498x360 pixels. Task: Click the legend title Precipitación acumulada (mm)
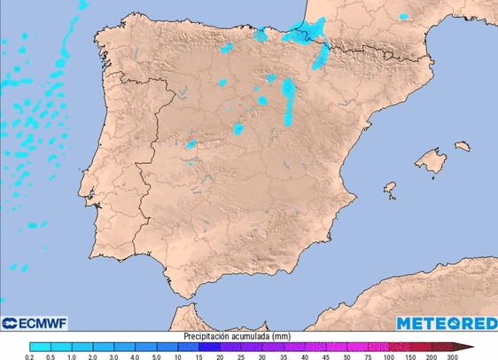tap(237, 337)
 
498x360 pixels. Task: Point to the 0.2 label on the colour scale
tap(30, 356)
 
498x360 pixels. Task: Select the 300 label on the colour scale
tap(452, 356)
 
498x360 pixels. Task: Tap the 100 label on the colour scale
tap(388, 356)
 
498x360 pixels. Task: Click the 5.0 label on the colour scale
tap(156, 356)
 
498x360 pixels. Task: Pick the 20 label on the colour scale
tap(220, 356)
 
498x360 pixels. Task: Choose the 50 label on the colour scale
tap(346, 356)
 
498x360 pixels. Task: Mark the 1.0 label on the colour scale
tap(72, 356)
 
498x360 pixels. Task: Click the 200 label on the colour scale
tap(431, 356)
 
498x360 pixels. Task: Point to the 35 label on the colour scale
tap(283, 356)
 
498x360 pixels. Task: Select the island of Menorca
tap(461, 146)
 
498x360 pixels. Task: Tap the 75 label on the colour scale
tap(368, 356)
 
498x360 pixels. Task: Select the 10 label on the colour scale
tap(177, 356)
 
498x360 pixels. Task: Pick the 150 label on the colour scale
tap(409, 356)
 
